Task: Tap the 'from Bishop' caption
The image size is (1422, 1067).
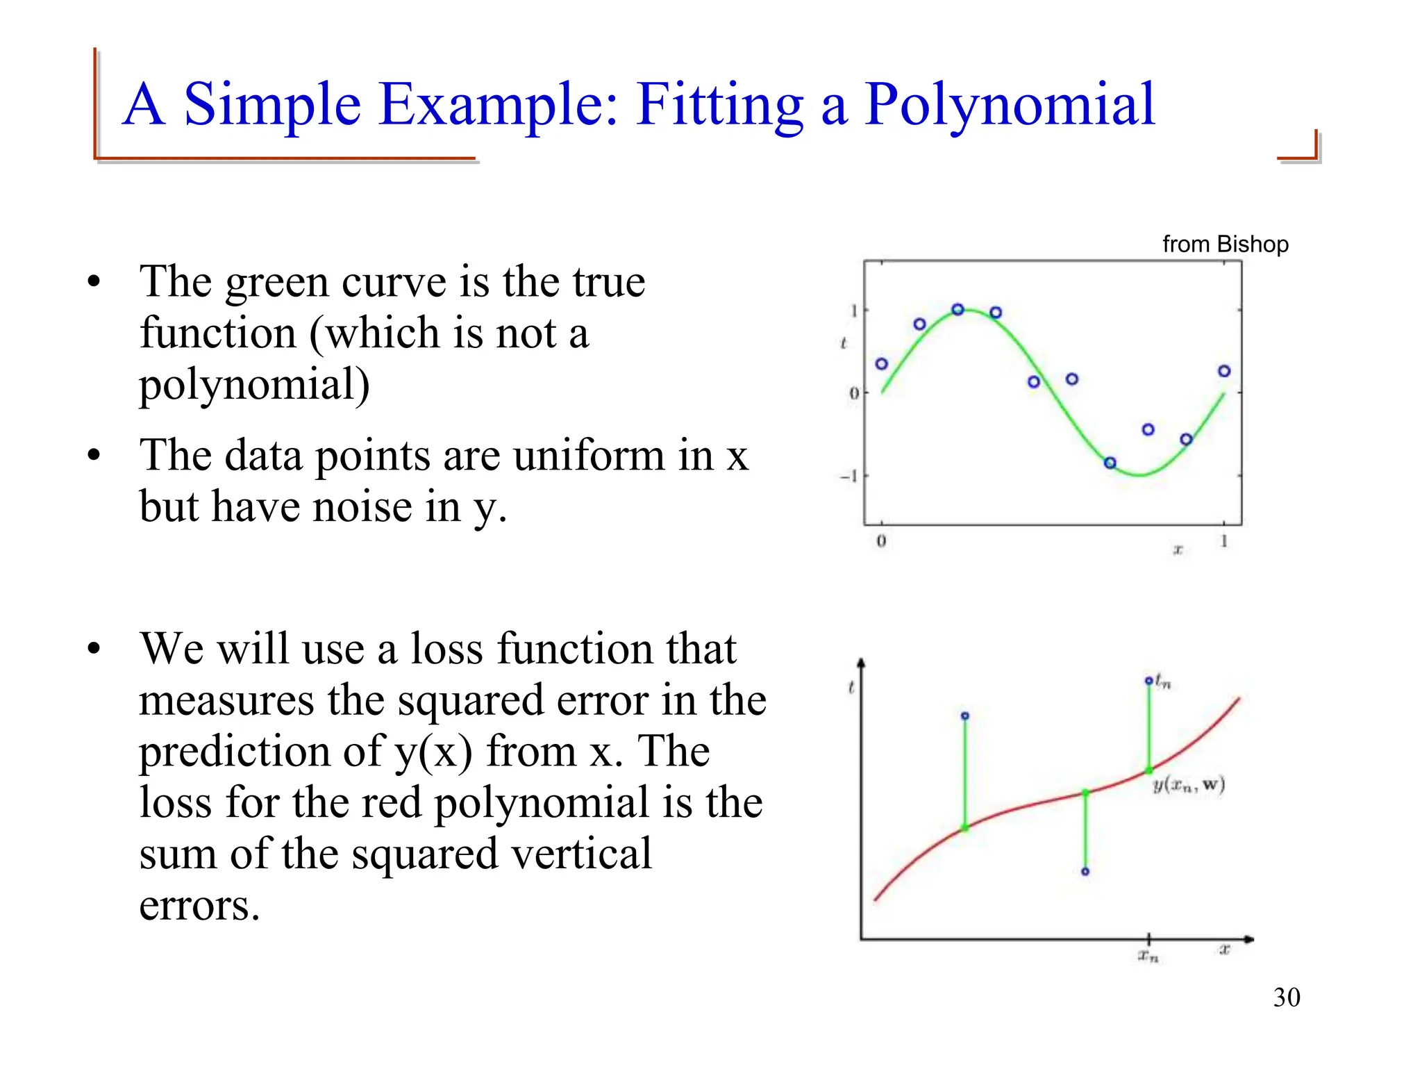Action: pyautogui.click(x=1225, y=244)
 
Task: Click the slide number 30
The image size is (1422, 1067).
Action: pyautogui.click(x=1286, y=998)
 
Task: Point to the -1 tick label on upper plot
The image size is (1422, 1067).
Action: pyautogui.click(x=848, y=476)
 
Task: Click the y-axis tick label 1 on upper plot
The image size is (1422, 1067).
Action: pyautogui.click(x=854, y=311)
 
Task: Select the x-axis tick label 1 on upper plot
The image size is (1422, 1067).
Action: pyautogui.click(x=1224, y=540)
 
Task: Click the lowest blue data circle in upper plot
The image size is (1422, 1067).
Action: pyautogui.click(x=1110, y=463)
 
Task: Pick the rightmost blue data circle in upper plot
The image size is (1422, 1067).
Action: pyautogui.click(x=1224, y=371)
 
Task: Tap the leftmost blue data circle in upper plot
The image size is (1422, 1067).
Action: pyautogui.click(x=881, y=363)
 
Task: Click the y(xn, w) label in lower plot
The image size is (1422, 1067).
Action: pyautogui.click(x=1189, y=785)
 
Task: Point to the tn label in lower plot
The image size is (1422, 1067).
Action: pyautogui.click(x=1163, y=683)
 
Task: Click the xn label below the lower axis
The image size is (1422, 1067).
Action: pyautogui.click(x=1148, y=957)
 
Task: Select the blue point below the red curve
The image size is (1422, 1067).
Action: pyautogui.click(x=1085, y=871)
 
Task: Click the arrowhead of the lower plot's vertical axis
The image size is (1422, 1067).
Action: pyautogui.click(x=861, y=663)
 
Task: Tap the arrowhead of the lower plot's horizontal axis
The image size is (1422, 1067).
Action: pyautogui.click(x=1248, y=939)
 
